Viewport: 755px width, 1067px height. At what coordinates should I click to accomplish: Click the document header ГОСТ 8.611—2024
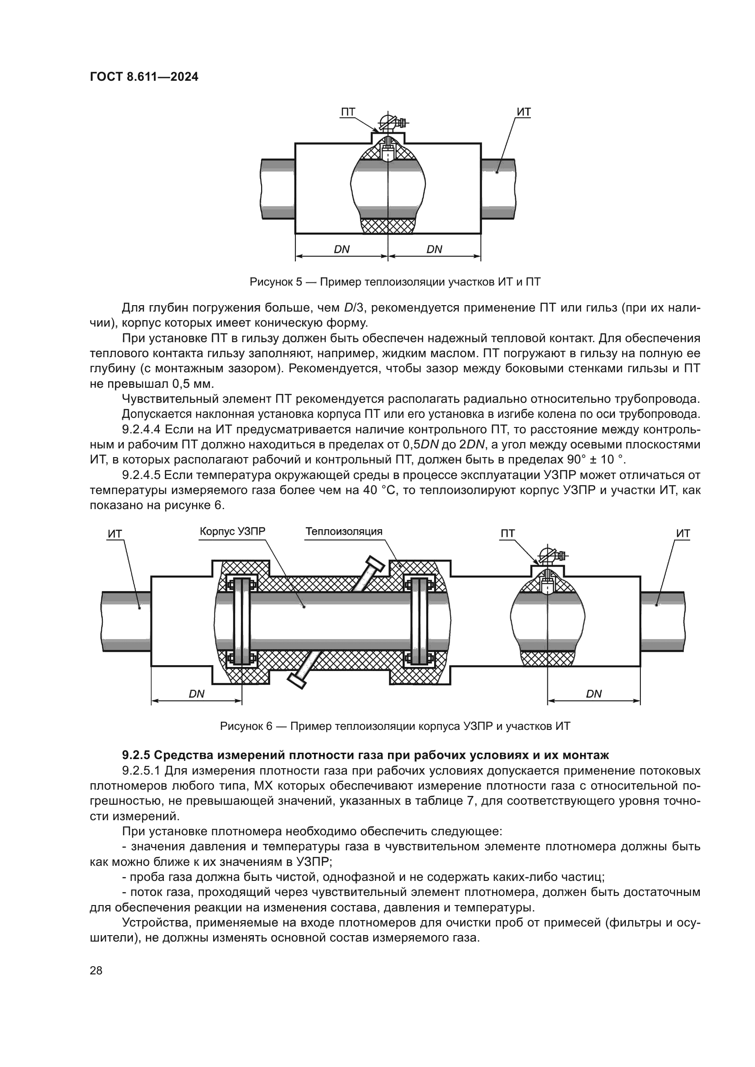144,77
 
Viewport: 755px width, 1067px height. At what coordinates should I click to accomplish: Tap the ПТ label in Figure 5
348,112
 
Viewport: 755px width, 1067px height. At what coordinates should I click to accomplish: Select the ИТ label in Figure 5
524,112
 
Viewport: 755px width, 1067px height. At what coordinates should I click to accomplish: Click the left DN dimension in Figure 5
342,249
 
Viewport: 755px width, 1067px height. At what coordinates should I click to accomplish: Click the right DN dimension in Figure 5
434,249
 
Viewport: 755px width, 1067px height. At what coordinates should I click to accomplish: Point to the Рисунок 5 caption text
395,282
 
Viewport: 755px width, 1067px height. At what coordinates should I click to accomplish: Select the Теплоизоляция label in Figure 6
344,531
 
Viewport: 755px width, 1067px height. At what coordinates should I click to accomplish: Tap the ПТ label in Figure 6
508,534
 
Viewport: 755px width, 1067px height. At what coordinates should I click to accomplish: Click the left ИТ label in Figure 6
115,534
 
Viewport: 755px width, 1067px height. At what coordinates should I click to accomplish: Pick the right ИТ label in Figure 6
683,534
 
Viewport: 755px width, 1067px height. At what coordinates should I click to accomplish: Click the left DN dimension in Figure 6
197,694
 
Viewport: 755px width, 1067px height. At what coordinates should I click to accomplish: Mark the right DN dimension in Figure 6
594,694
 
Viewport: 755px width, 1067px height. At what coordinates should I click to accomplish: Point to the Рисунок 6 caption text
395,726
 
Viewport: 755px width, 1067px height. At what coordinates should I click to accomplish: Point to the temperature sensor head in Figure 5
388,123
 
